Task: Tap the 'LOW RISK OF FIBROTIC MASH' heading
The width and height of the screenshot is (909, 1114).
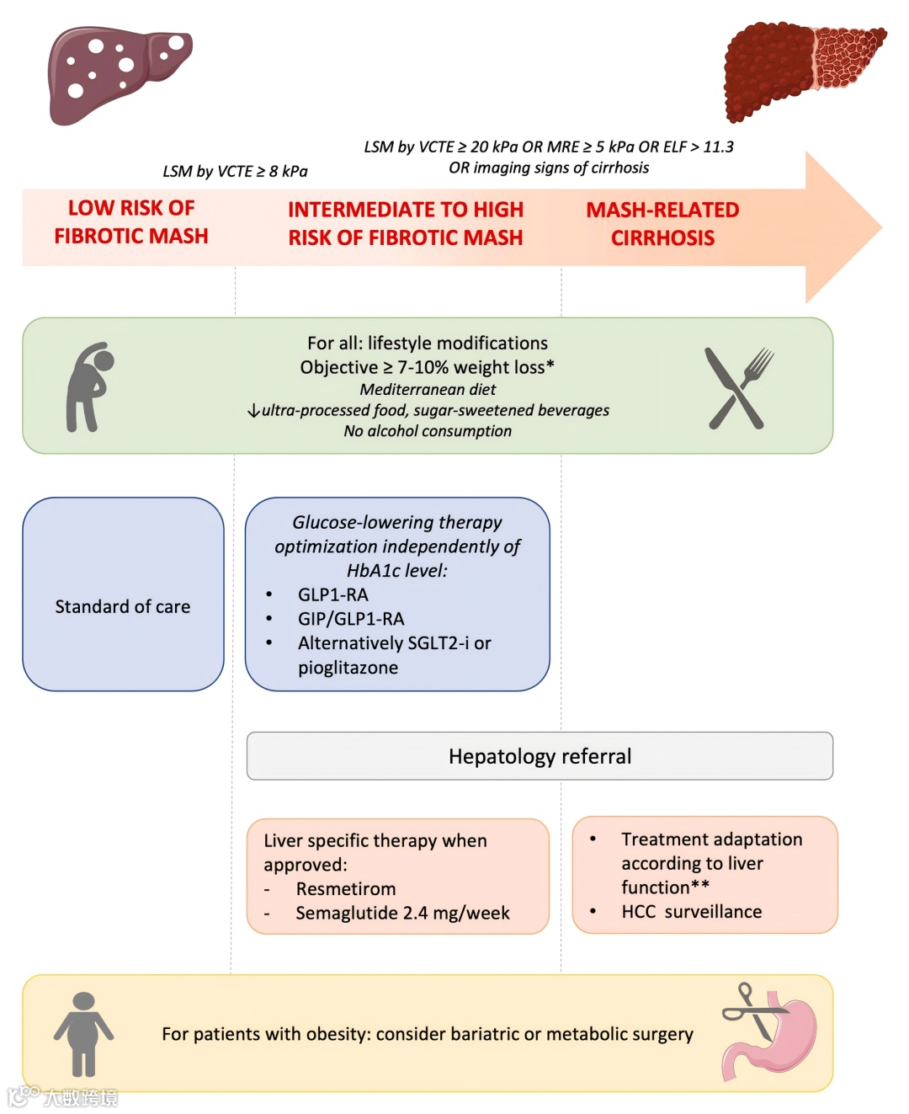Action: coord(131,222)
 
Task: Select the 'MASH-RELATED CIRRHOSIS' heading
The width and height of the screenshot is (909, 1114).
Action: coord(662,224)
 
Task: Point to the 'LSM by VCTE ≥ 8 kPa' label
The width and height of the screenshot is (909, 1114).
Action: coord(235,172)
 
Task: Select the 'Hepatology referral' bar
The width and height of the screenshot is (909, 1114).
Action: coord(540,756)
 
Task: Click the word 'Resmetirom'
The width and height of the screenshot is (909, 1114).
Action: coord(345,889)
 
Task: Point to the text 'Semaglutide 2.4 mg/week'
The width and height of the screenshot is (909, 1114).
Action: coord(402,914)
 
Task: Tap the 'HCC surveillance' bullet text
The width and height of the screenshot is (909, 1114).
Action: coord(691,912)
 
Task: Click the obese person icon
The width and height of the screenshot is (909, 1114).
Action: coord(83,1033)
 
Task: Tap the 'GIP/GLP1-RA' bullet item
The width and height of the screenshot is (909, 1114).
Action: coord(351,619)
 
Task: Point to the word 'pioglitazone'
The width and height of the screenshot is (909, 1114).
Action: coord(348,668)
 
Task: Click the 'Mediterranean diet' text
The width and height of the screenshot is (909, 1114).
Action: coord(428,390)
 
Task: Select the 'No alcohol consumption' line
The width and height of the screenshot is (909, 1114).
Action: coord(428,431)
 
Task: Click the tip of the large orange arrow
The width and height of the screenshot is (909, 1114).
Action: coord(879,227)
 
